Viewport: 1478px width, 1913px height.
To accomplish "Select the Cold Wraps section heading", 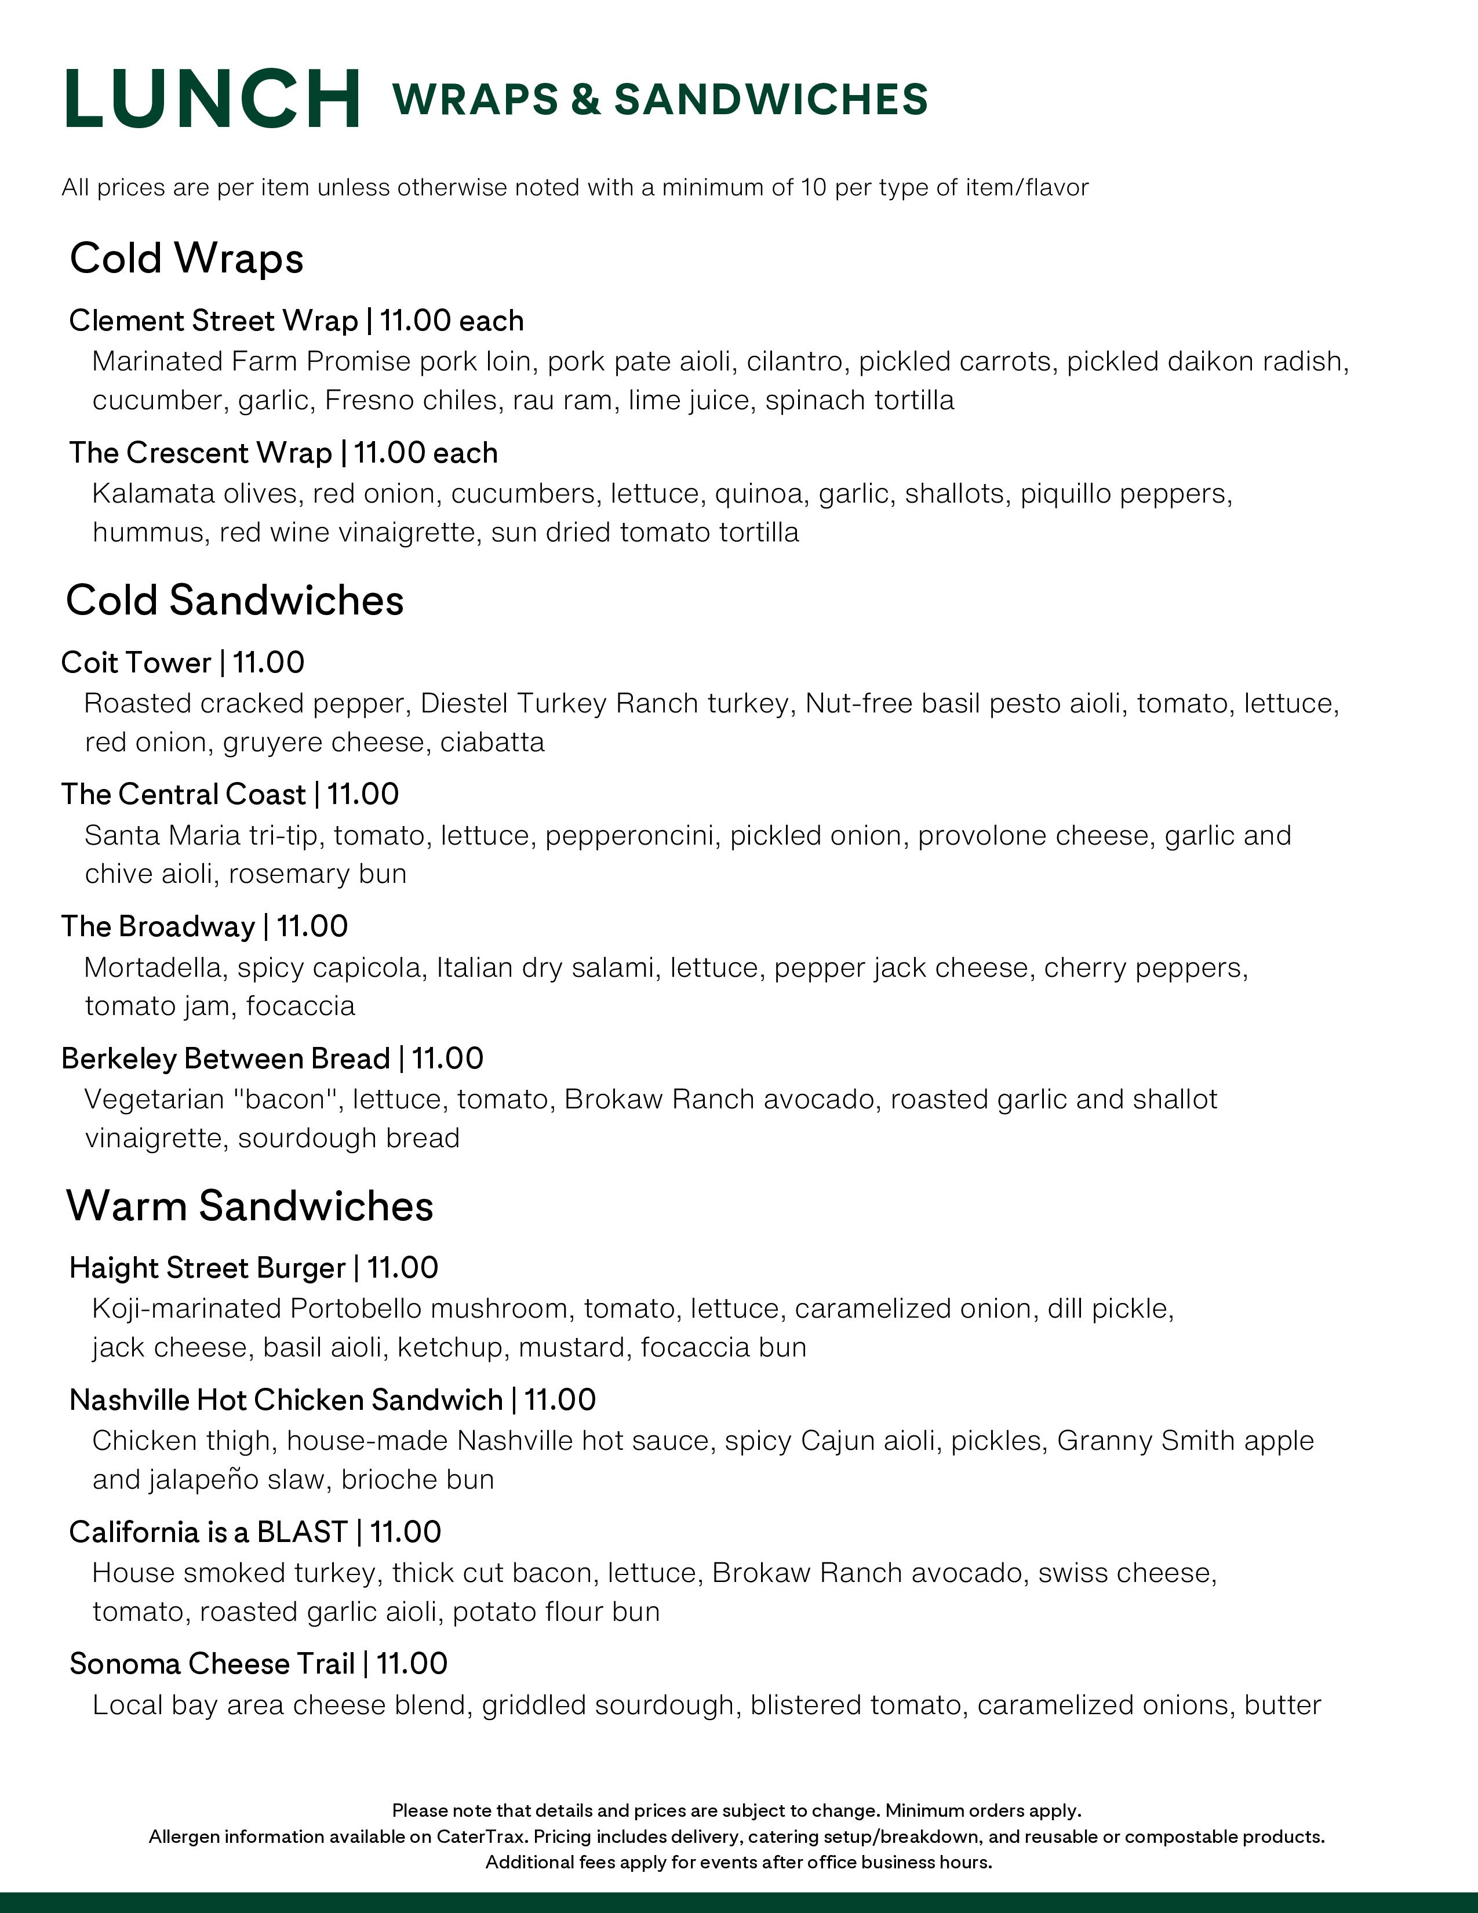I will point(187,259).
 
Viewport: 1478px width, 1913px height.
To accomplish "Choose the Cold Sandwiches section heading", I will point(235,601).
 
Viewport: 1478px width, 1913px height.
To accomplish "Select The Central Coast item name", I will point(184,794).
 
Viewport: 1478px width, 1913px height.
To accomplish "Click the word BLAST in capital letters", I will point(302,1532).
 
